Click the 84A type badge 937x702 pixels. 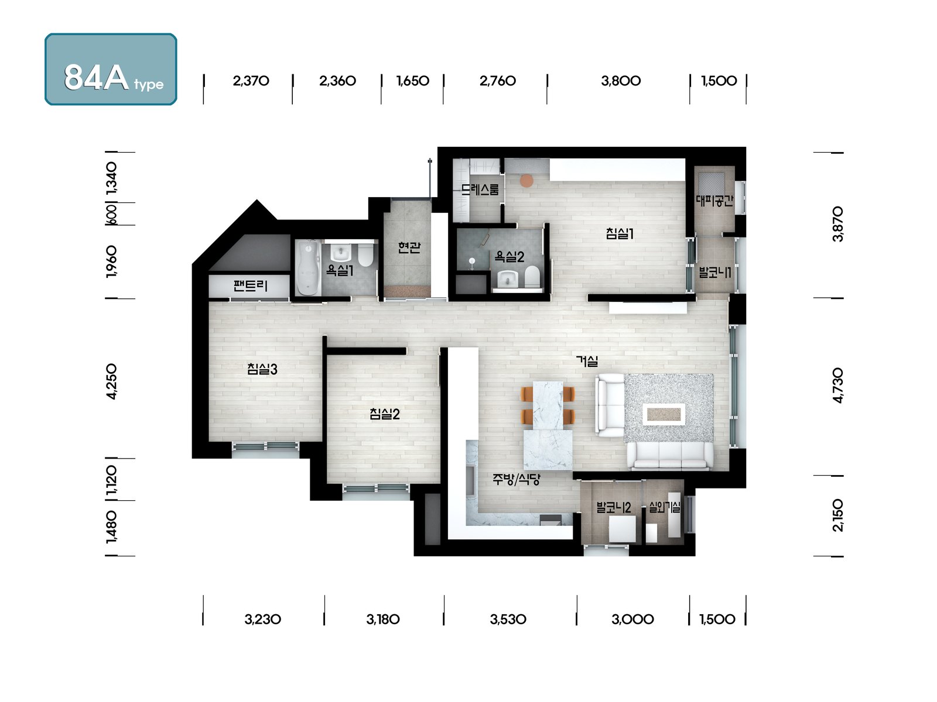(x=111, y=69)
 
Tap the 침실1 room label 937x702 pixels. (x=620, y=233)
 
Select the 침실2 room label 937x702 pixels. (x=385, y=414)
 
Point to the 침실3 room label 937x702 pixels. (x=262, y=369)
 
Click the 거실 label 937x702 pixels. (x=587, y=361)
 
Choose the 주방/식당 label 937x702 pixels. (x=517, y=479)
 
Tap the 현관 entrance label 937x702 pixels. (x=409, y=247)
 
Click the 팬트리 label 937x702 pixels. (x=250, y=285)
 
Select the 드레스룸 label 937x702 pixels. (x=480, y=189)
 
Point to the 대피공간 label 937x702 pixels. (x=714, y=200)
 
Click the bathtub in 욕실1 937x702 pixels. (x=308, y=267)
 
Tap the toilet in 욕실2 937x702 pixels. (x=532, y=276)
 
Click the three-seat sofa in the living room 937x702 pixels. (x=669, y=456)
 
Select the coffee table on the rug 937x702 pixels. (x=664, y=414)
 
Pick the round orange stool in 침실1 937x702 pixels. (x=526, y=180)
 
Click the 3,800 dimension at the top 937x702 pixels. (x=621, y=81)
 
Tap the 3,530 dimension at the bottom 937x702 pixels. (x=508, y=619)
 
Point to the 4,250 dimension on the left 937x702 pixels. (x=111, y=381)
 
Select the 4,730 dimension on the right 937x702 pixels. (x=837, y=385)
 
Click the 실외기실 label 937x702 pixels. (x=664, y=507)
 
